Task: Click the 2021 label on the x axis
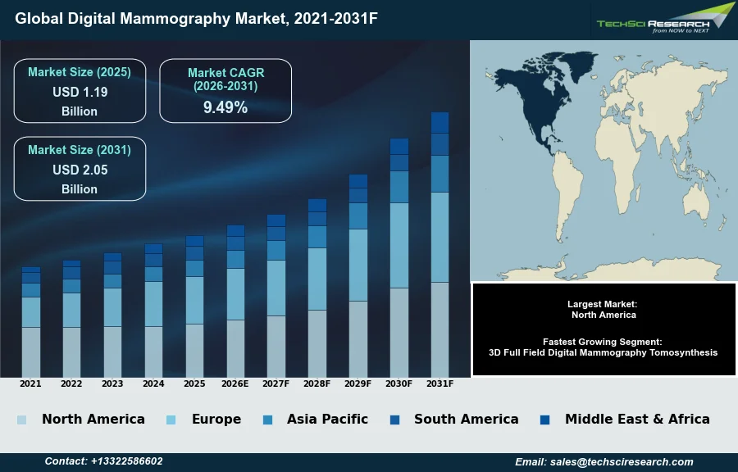click(30, 383)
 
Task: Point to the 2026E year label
click(235, 383)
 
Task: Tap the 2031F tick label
click(440, 383)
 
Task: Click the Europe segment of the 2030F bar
click(399, 245)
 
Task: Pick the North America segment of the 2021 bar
click(30, 352)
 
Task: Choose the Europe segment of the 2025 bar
click(194, 300)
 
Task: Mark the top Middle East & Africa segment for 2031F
click(440, 122)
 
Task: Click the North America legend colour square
click(22, 420)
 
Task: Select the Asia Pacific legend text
click(327, 419)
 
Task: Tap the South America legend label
click(466, 419)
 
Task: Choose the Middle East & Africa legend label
click(637, 419)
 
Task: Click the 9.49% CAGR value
click(225, 107)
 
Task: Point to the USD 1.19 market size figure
click(80, 92)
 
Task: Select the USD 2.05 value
click(80, 170)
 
